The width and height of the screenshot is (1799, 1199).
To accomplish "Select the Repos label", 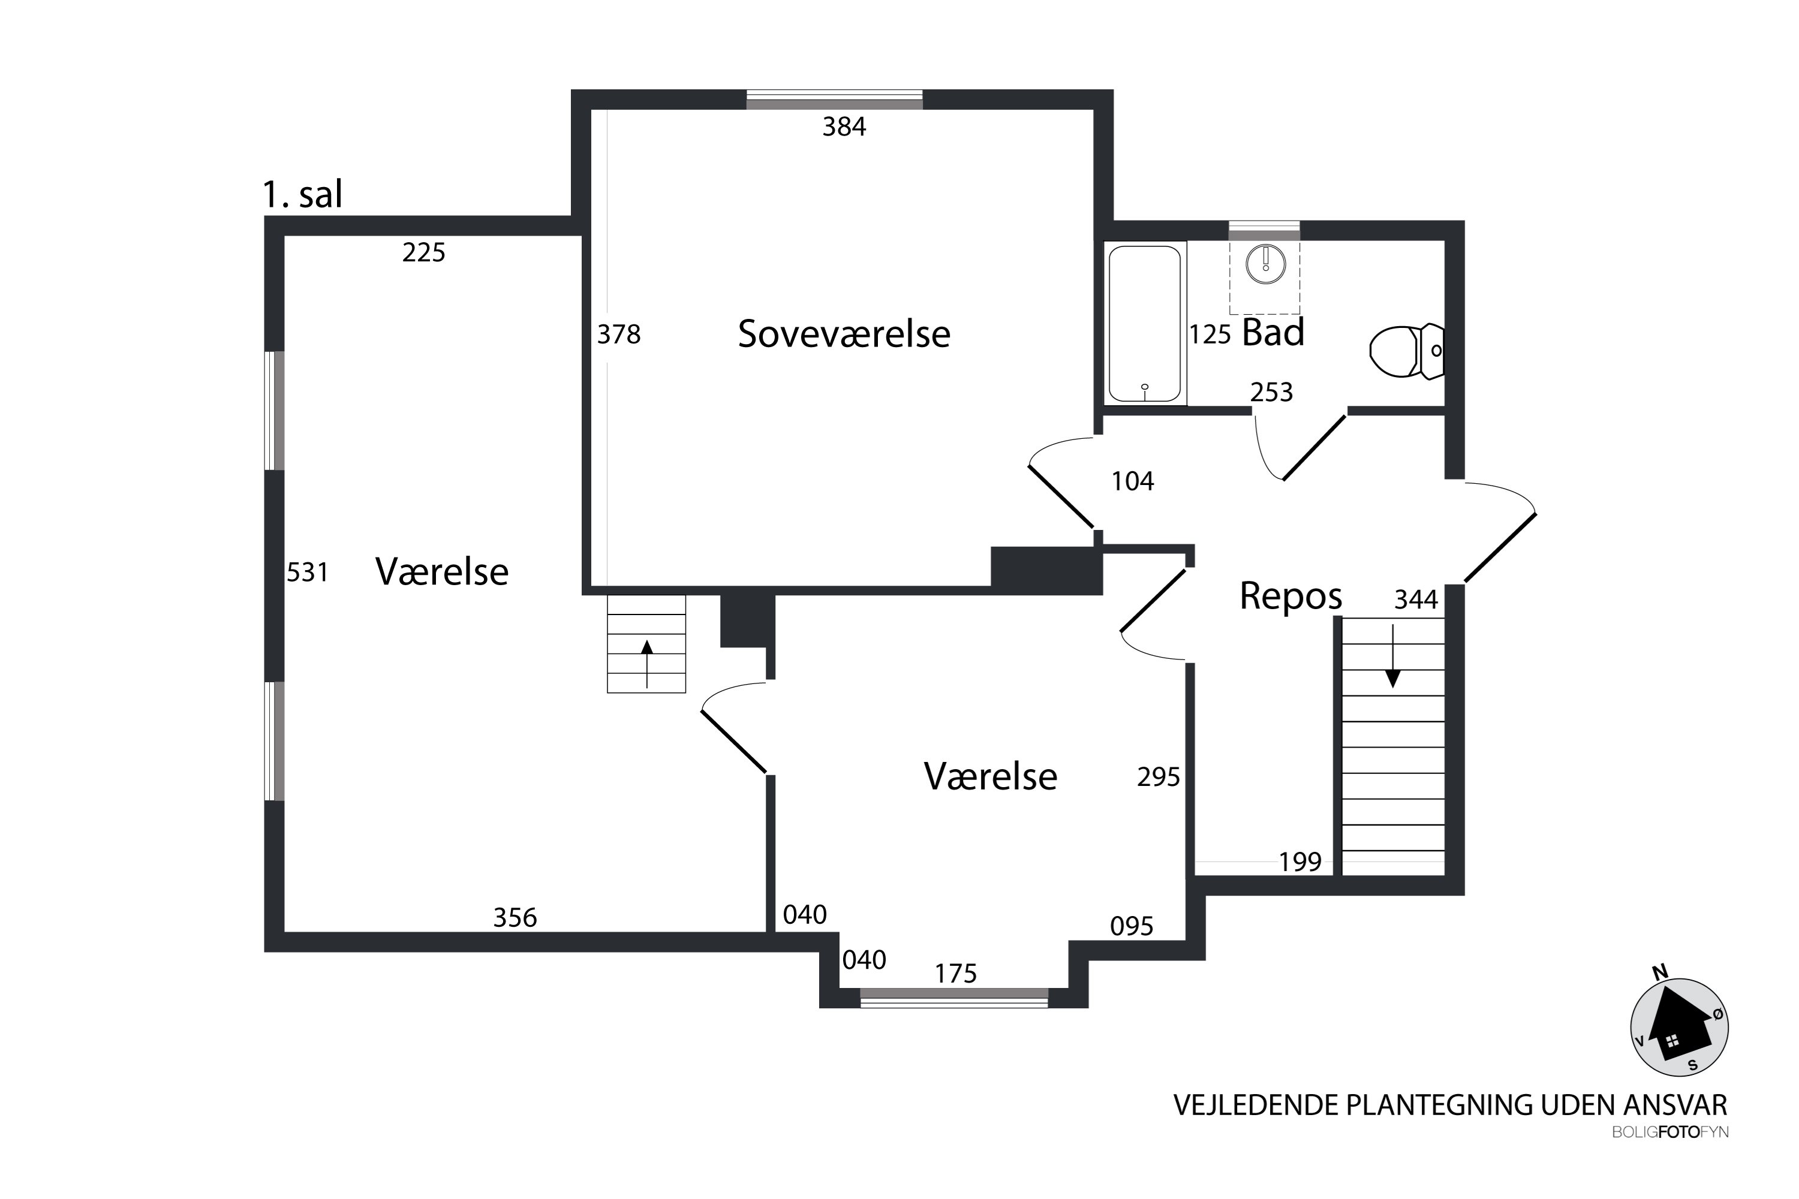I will [1290, 596].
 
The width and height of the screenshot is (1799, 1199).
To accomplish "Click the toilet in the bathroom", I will [1406, 352].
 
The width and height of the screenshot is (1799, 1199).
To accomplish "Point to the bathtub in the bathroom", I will [1144, 324].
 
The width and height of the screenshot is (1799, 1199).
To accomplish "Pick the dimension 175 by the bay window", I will [955, 974].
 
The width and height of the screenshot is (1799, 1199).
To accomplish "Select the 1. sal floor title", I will [302, 194].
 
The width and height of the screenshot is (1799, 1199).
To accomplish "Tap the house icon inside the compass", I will [1677, 1029].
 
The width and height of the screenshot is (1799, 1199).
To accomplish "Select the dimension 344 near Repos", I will [1416, 599].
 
